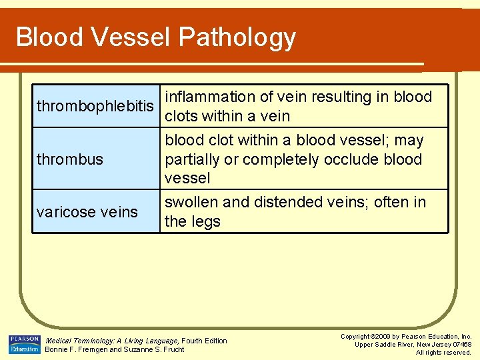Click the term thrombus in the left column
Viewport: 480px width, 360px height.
(x=70, y=159)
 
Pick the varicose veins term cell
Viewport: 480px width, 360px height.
(x=87, y=212)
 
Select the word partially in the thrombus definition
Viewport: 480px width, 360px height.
(x=193, y=160)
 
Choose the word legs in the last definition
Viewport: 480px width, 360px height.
(x=206, y=221)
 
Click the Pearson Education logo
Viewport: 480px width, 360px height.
(x=24, y=344)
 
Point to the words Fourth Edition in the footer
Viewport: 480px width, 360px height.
(x=205, y=341)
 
